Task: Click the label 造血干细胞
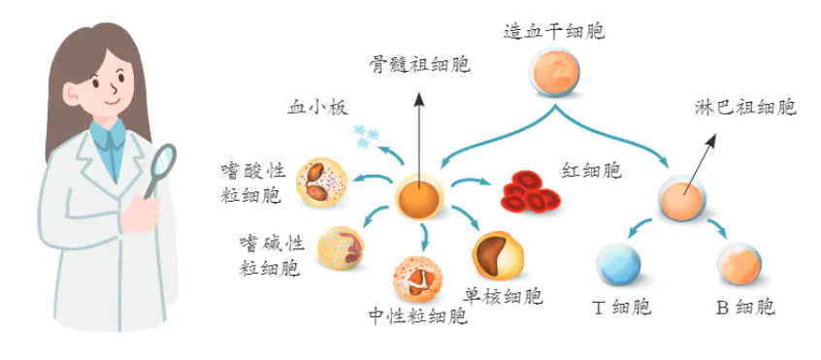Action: tap(554, 32)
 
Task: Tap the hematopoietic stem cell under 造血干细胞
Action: tap(554, 76)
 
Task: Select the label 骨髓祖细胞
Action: tap(419, 65)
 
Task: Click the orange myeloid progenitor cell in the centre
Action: tap(421, 193)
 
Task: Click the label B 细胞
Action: tap(745, 309)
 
